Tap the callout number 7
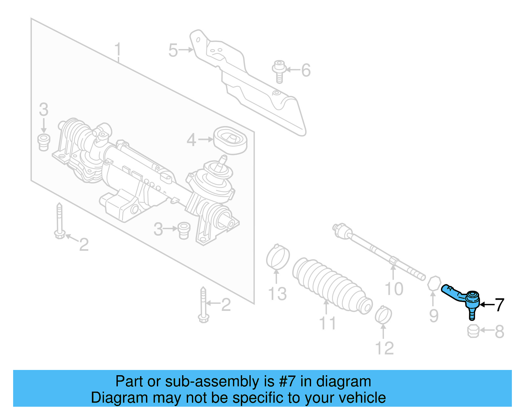pyautogui.click(x=499, y=305)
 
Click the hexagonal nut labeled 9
pyautogui.click(x=434, y=283)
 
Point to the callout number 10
pyautogui.click(x=394, y=289)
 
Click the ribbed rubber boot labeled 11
pyautogui.click(x=331, y=284)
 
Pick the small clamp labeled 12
pyautogui.click(x=383, y=314)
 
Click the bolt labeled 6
pyautogui.click(x=279, y=71)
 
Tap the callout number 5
pyautogui.click(x=173, y=51)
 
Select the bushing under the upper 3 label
pyautogui.click(x=44, y=142)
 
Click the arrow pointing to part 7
pyautogui.click(x=487, y=305)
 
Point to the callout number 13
pyautogui.click(x=277, y=294)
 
